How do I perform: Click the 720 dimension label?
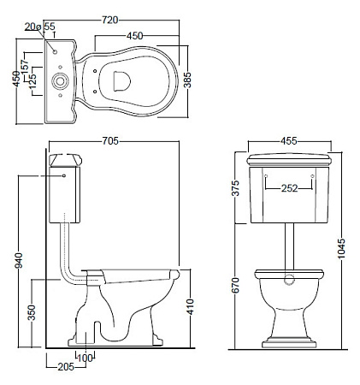click(109, 20)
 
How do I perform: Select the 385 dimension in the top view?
click(187, 80)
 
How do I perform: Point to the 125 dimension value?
click(32, 80)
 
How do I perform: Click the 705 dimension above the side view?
click(110, 141)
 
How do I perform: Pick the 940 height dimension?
click(19, 260)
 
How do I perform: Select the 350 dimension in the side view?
click(32, 312)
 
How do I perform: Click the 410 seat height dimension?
click(191, 306)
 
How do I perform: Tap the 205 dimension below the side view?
click(66, 367)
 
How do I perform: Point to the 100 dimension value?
click(86, 358)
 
